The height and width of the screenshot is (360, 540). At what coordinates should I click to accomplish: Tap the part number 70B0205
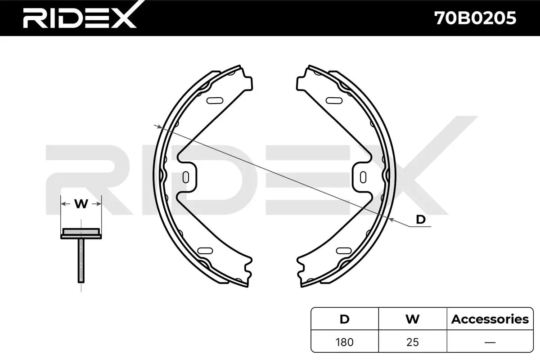475,18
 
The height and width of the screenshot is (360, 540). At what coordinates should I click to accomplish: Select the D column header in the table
345,319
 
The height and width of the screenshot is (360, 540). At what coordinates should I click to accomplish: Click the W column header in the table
413,319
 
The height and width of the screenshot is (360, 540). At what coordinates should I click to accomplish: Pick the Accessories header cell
490,319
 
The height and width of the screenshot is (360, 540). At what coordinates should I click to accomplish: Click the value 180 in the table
345,342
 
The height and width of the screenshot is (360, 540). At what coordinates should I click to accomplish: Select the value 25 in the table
413,342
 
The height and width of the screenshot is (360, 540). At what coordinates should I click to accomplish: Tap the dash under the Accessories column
490,342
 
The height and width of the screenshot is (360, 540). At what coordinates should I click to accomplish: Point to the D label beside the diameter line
421,220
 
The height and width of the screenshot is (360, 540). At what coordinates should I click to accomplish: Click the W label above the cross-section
81,204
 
